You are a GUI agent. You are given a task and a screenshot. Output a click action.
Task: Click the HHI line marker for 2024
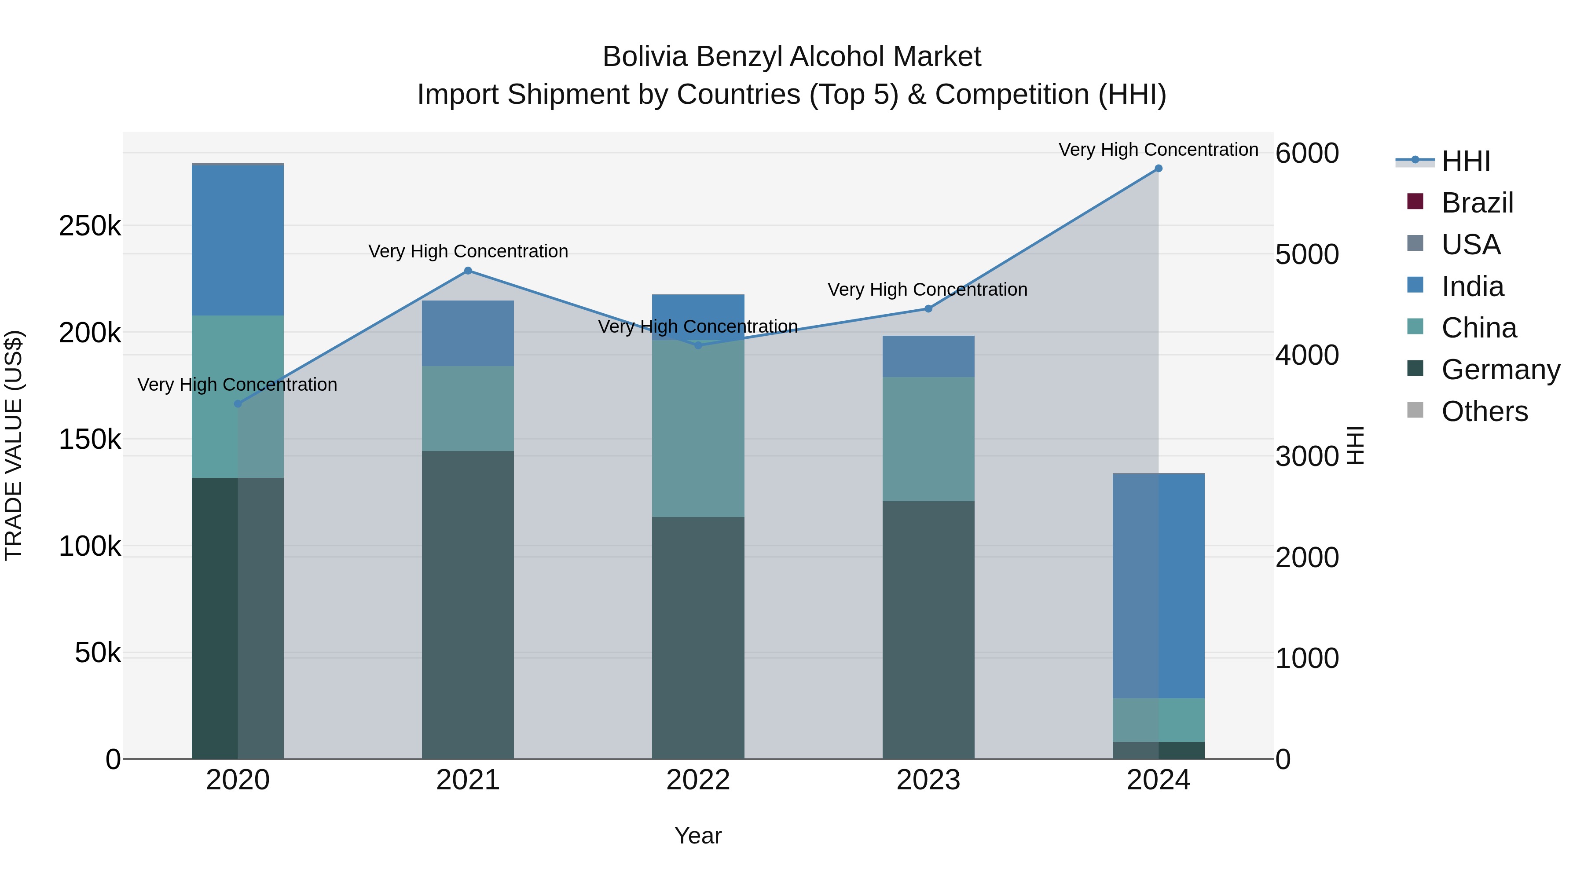coord(1159,169)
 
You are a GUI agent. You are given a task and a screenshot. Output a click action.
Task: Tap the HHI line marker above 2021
coord(468,271)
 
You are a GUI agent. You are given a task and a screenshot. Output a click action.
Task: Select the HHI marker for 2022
coord(698,345)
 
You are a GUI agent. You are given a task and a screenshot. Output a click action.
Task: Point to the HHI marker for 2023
coord(928,309)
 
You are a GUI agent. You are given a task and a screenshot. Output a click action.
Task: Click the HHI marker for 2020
coord(238,404)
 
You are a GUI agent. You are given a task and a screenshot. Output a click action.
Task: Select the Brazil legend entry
coord(1477,203)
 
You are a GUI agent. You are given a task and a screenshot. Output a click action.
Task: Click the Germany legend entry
coord(1500,370)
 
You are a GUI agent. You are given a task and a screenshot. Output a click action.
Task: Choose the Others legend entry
coord(1485,411)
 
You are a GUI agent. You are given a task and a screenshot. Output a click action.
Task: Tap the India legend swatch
coord(1415,285)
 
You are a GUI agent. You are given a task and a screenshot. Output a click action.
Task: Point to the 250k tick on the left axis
coord(90,226)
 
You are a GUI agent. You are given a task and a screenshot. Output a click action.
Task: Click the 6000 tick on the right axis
coord(1307,153)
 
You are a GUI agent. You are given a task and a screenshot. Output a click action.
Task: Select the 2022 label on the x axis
coord(698,780)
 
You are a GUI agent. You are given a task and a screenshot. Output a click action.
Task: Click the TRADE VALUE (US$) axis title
coord(14,445)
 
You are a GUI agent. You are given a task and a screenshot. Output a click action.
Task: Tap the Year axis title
coord(698,836)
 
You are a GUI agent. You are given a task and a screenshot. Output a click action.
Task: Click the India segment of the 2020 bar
coord(238,240)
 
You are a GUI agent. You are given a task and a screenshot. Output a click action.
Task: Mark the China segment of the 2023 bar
coord(928,439)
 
